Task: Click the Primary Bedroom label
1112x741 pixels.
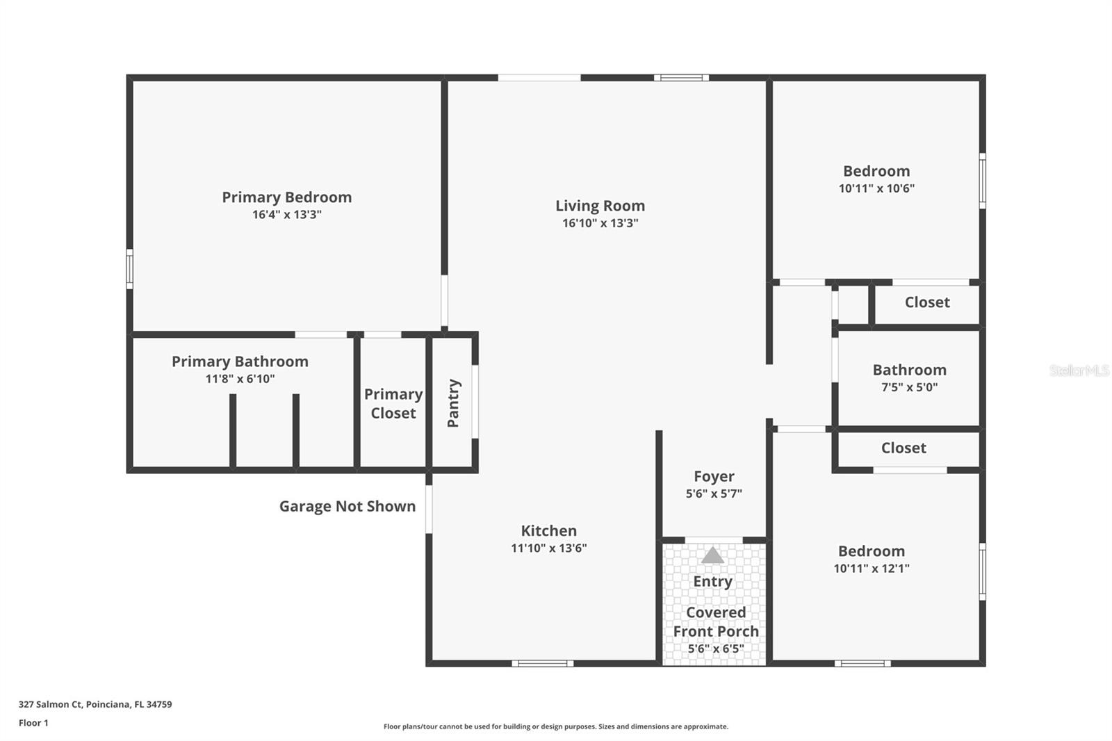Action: click(286, 197)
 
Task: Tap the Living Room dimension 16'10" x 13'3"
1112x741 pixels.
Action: click(600, 223)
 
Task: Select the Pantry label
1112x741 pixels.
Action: click(453, 403)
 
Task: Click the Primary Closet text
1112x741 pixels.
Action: click(393, 403)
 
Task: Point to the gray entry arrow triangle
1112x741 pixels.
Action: click(712, 555)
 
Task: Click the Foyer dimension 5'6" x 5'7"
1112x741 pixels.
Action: click(714, 494)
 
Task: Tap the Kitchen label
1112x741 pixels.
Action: click(548, 531)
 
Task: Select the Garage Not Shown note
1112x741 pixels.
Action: click(347, 506)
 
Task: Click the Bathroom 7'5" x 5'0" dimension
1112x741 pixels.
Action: click(909, 387)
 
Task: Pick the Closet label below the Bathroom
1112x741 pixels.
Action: click(903, 448)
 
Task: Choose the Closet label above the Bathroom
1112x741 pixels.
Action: click(927, 302)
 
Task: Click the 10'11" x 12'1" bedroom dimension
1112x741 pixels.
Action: click(872, 569)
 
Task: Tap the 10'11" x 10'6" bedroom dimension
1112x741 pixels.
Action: click(876, 188)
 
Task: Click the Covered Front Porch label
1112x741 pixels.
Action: click(716, 621)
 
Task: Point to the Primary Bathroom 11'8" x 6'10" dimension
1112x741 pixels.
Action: click(240, 379)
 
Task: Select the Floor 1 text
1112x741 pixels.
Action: click(33, 723)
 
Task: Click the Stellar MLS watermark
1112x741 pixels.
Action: click(1079, 370)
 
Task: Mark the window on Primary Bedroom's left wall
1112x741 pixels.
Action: click(129, 269)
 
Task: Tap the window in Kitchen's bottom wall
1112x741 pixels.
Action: click(542, 663)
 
